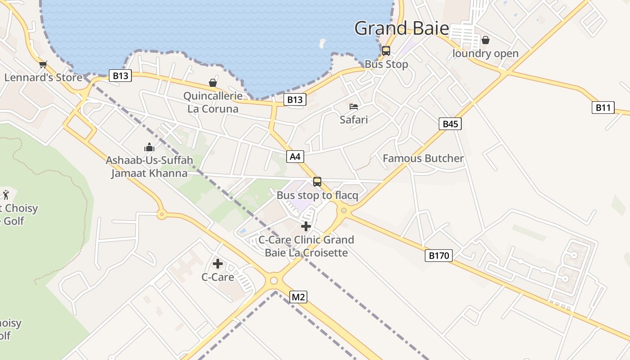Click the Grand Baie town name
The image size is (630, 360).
(401, 28)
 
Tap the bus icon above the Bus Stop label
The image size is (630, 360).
(386, 51)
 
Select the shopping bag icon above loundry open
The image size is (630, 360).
(485, 40)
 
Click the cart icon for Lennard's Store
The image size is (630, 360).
(43, 65)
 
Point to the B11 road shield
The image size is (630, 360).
(603, 108)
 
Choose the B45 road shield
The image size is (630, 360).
(450, 124)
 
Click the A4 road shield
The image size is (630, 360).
(295, 157)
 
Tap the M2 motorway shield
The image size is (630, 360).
(298, 297)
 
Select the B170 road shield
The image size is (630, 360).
(438, 256)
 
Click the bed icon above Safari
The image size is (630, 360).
(354, 107)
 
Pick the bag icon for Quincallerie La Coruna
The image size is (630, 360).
(212, 83)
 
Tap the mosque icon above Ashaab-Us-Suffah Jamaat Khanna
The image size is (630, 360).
(149, 147)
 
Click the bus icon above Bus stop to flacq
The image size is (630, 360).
(317, 182)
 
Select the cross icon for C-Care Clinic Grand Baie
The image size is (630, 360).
(306, 226)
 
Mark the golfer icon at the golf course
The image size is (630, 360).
(6, 195)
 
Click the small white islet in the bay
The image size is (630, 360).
(322, 43)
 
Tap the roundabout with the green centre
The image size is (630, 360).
(344, 210)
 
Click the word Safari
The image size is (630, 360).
(354, 120)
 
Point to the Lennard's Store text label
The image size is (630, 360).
(43, 77)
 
